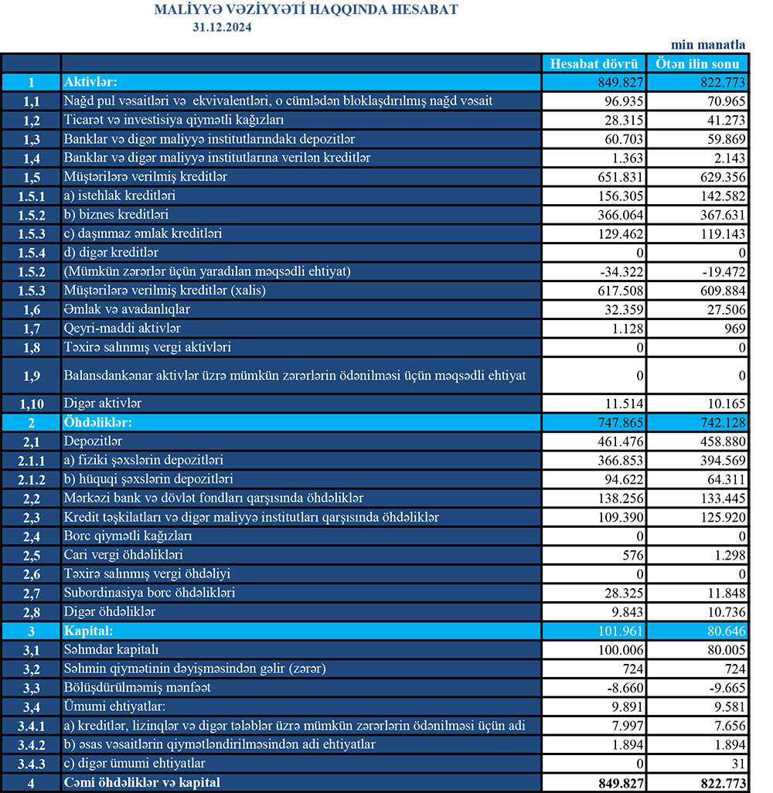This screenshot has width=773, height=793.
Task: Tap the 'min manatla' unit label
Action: point(708,45)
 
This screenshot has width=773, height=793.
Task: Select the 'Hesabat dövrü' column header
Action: point(593,63)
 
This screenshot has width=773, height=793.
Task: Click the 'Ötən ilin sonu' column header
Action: point(698,63)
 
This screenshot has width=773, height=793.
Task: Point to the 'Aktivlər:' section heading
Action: point(90,82)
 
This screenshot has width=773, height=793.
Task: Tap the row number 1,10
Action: point(31,403)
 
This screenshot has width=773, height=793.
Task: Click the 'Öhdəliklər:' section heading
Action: point(99,423)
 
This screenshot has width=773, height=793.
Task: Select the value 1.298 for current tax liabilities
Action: point(726,555)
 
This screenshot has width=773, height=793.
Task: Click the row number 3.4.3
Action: point(31,763)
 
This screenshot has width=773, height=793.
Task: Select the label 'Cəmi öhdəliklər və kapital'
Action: point(142,782)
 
